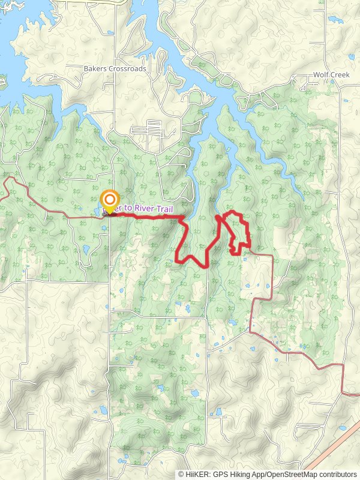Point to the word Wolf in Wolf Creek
click(321, 75)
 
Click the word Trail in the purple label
click(165, 209)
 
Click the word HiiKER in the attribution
click(197, 475)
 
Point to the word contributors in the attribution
click(336, 475)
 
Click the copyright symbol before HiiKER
click(182, 475)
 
